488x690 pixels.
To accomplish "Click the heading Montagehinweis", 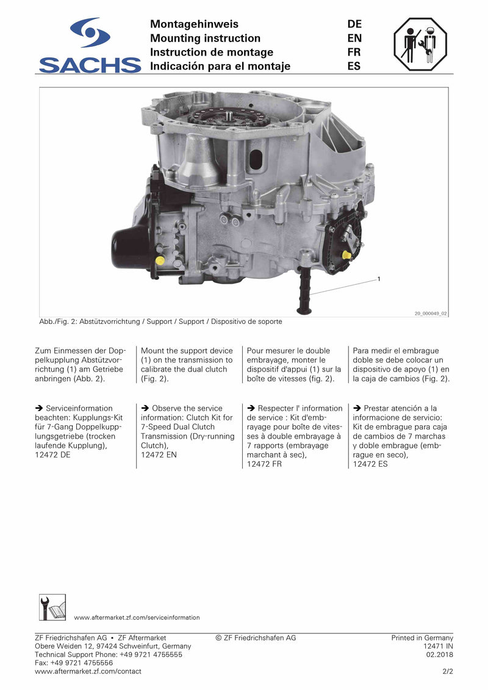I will pos(194,24).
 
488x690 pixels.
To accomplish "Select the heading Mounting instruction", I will pos(205,38).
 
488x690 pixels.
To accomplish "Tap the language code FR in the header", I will pos(354,52).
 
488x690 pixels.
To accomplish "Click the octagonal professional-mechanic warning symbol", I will pos(420,45).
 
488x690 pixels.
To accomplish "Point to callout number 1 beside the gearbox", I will pos(379,279).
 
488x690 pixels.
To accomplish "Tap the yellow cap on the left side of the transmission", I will pos(160,261).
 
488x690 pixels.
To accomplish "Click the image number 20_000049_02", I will pos(431,314).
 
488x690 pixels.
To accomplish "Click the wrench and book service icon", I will pos(52,607).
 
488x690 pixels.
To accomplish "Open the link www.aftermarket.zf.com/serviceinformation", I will pos(137,617).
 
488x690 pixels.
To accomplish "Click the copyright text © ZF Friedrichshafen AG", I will pos(256,638).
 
